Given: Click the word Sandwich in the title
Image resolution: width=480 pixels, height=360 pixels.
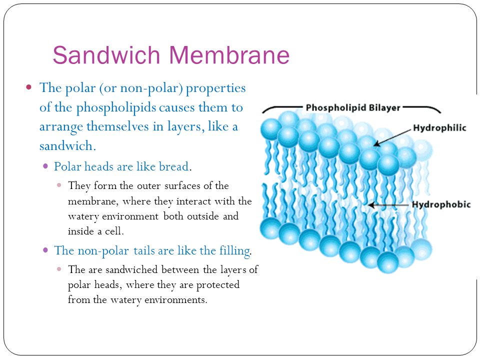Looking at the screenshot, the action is (x=106, y=55).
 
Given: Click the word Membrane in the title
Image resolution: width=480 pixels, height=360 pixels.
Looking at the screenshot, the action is (x=229, y=55).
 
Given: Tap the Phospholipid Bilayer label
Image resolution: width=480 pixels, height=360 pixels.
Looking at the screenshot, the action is (x=353, y=108).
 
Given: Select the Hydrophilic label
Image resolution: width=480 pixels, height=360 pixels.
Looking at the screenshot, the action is (x=439, y=128).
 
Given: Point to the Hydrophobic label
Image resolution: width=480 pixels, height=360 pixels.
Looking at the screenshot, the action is (x=441, y=204).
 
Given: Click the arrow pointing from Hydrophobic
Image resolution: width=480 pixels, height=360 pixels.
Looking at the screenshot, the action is (x=388, y=205).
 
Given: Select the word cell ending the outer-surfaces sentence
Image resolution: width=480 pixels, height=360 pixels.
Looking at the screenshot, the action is (x=113, y=231).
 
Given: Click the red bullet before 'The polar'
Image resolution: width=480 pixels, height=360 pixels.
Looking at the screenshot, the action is (x=29, y=87).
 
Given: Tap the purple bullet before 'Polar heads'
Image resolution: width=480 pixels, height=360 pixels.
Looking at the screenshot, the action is (x=45, y=166).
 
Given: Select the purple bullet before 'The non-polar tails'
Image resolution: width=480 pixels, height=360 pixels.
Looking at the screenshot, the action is (x=45, y=250).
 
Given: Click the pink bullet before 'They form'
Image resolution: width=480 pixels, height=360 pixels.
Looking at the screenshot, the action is (x=59, y=185).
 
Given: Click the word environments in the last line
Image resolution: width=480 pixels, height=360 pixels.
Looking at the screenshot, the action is (x=175, y=299).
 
